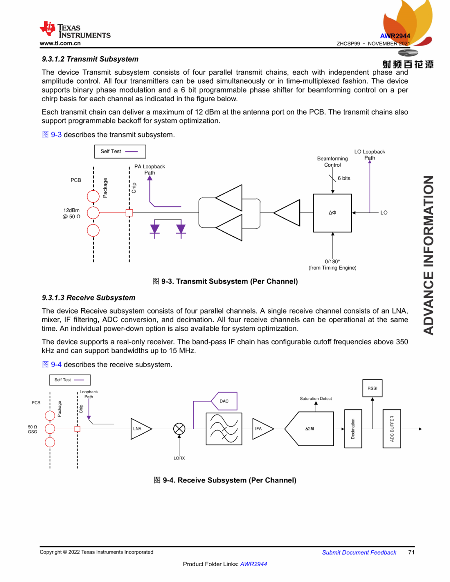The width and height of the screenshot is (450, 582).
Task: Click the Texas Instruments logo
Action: pyautogui.click(x=75, y=30)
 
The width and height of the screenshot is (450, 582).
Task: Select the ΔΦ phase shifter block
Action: pyautogui.click(x=332, y=213)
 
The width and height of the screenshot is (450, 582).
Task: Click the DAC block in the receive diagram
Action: pyautogui.click(x=225, y=401)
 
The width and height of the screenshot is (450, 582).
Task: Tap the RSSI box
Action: pyautogui.click(x=372, y=388)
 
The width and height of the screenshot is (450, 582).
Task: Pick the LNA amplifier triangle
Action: pyautogui.click(x=140, y=429)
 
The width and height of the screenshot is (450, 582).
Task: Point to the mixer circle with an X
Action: pyautogui.click(x=179, y=429)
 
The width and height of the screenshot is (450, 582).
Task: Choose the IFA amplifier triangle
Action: pyautogui.click(x=262, y=429)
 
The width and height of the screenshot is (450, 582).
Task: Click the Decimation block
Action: pyautogui.click(x=353, y=429)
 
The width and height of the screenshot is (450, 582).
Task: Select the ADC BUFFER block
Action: pyautogui.click(x=392, y=429)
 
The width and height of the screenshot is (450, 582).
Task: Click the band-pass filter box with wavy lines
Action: pyautogui.click(x=224, y=429)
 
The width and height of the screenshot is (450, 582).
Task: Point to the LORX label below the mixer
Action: pyautogui.click(x=179, y=458)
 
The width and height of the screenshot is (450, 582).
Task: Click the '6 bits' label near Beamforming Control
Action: pyautogui.click(x=344, y=178)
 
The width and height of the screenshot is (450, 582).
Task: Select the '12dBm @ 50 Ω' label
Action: pyautogui.click(x=72, y=213)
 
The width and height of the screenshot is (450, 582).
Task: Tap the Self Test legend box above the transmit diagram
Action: pyautogui.click(x=120, y=152)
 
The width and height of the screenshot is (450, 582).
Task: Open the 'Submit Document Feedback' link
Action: pyautogui.click(x=359, y=552)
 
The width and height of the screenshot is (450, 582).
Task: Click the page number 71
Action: pyautogui.click(x=411, y=552)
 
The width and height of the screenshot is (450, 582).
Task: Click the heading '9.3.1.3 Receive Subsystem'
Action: pyautogui.click(x=89, y=298)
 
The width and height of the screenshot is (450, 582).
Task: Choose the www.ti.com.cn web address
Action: pyautogui.click(x=60, y=43)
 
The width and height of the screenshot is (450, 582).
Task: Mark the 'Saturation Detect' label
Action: pyautogui.click(x=316, y=399)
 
